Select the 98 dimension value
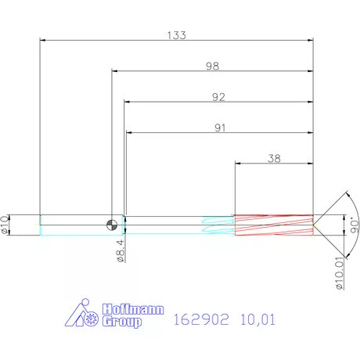pyautogui.click(x=212, y=67)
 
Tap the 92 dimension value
pyautogui.click(x=218, y=97)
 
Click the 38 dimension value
pyautogui.click(x=274, y=158)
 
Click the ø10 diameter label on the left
pyautogui.click(x=6, y=225)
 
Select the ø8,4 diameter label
pyautogui.click(x=120, y=252)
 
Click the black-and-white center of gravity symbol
pyautogui.click(x=114, y=225)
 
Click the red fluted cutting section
pyautogui.click(x=274, y=225)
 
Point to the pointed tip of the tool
pyautogui.click(x=316, y=225)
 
